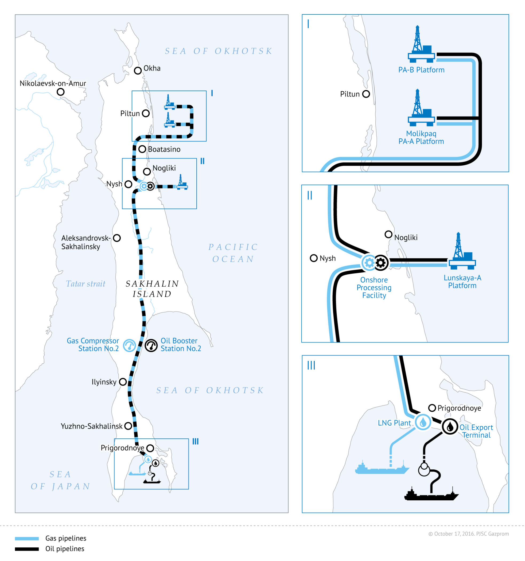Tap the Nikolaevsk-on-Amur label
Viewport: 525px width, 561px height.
[x=53, y=84]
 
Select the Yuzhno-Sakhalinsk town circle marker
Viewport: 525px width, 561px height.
[x=128, y=426]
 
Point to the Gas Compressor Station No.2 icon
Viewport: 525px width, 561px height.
[x=130, y=345]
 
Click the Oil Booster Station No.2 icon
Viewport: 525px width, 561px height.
[x=151, y=345]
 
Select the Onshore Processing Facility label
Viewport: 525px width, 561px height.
[x=374, y=287]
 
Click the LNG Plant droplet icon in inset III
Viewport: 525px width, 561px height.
[x=423, y=422]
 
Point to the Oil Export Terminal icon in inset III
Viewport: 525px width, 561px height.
[x=450, y=426]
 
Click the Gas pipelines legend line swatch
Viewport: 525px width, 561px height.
[x=27, y=538]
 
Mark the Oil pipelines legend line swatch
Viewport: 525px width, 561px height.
[x=27, y=549]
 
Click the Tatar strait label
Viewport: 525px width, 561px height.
[x=85, y=284]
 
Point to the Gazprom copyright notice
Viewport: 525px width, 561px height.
[x=468, y=534]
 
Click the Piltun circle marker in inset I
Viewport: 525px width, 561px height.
[x=366, y=94]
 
